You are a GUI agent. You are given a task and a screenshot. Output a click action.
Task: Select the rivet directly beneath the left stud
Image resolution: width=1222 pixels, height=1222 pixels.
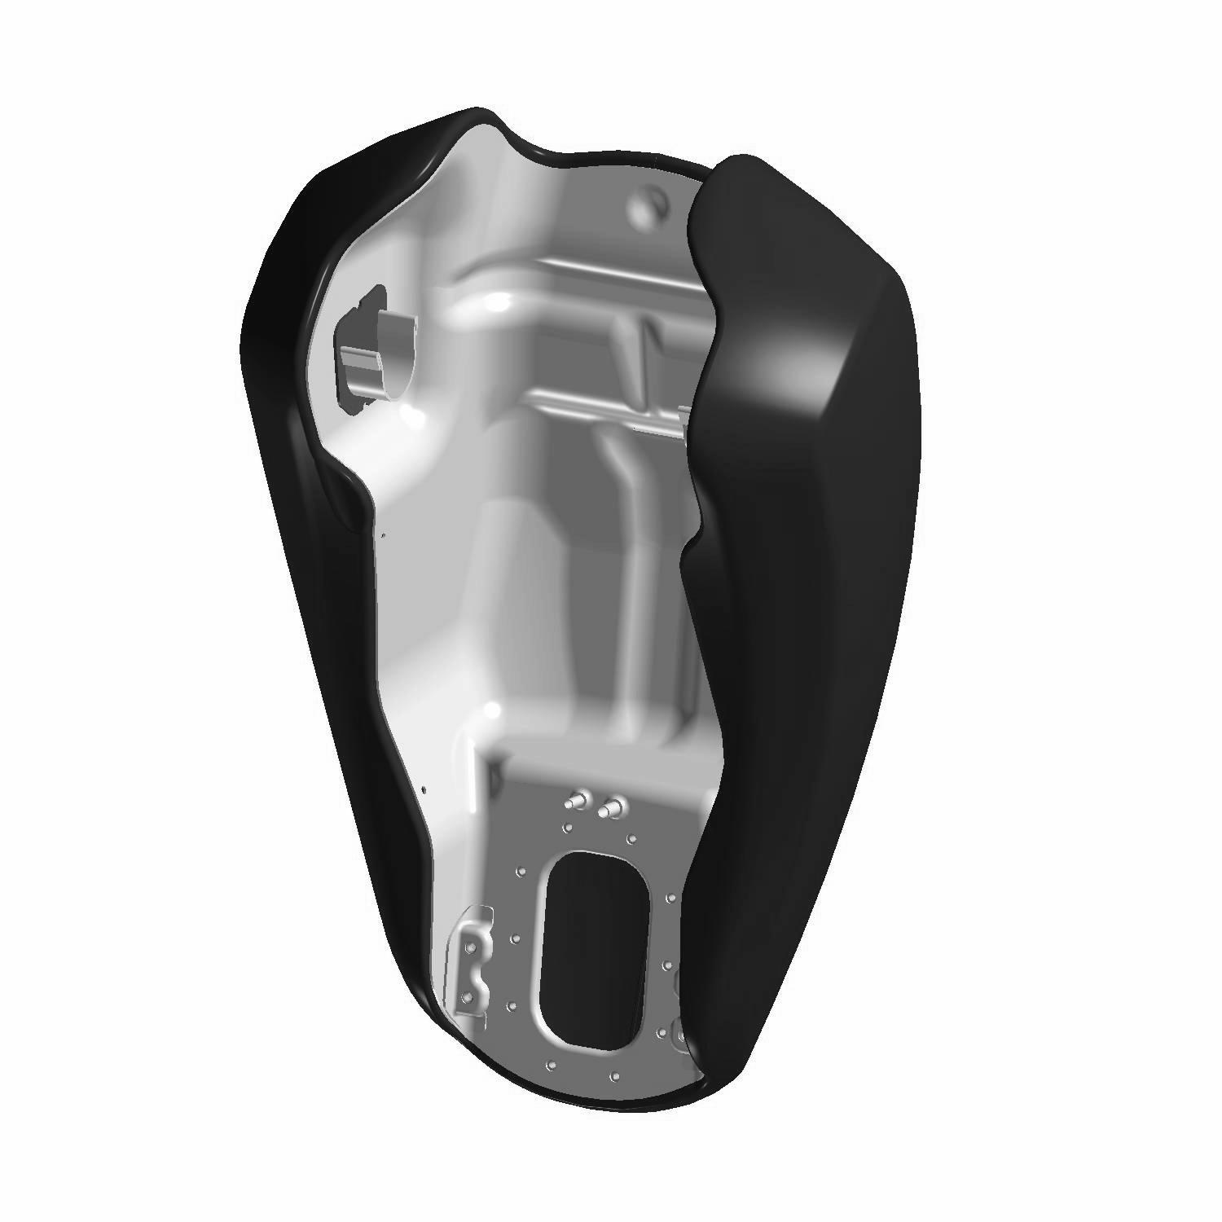click(x=568, y=829)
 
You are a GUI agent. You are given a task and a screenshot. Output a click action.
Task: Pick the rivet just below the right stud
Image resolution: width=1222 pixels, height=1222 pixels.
click(x=631, y=837)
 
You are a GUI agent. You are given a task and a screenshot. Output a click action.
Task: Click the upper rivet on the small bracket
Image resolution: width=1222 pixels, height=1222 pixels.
click(x=469, y=947)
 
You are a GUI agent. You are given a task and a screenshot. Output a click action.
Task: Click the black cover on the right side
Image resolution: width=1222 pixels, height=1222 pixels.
click(x=807, y=570)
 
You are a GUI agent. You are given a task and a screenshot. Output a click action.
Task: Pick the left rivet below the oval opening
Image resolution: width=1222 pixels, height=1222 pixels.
click(x=552, y=1066)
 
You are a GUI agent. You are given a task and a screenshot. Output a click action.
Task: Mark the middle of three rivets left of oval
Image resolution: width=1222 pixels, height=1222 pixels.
click(x=515, y=939)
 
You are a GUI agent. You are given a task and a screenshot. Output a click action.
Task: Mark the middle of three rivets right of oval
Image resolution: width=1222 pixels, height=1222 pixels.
click(x=667, y=965)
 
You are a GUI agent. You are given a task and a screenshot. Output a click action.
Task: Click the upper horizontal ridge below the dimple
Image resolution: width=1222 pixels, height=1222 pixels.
click(x=570, y=273)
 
